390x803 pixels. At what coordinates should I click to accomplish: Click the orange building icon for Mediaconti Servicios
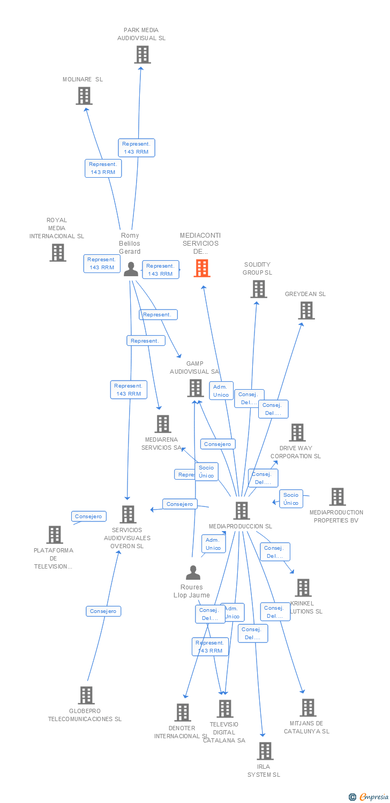pos(202,268)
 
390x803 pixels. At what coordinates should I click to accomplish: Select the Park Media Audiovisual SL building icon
pos(142,55)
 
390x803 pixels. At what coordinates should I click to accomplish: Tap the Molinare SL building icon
pos(84,96)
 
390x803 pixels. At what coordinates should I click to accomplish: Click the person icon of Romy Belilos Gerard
pos(131,269)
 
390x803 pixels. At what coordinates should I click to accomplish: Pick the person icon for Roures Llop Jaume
pos(193,573)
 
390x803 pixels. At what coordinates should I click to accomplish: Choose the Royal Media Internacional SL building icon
pos(58,253)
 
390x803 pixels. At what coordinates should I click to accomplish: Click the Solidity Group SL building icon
pos(259,289)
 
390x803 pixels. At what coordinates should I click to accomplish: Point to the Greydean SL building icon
pos(306,310)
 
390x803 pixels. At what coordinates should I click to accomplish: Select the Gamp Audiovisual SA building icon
pos(196,388)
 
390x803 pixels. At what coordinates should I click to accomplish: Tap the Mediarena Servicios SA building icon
pos(163,424)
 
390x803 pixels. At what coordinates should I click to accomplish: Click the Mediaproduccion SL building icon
pos(242,511)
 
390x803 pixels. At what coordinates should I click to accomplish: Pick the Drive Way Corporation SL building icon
pos(297,433)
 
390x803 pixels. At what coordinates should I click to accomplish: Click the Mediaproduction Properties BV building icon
pos(337,497)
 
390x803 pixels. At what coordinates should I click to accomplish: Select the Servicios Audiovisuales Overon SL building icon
pos(128,514)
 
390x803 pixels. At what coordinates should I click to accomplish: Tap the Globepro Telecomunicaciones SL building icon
pos(86,695)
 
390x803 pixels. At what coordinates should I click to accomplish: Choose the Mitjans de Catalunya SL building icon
pos(308,708)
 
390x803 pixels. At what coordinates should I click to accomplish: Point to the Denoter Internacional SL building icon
pos(183,713)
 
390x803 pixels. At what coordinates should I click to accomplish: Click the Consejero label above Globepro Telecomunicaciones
pos(103,611)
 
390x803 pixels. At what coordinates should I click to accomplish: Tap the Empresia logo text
pos(374,797)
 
